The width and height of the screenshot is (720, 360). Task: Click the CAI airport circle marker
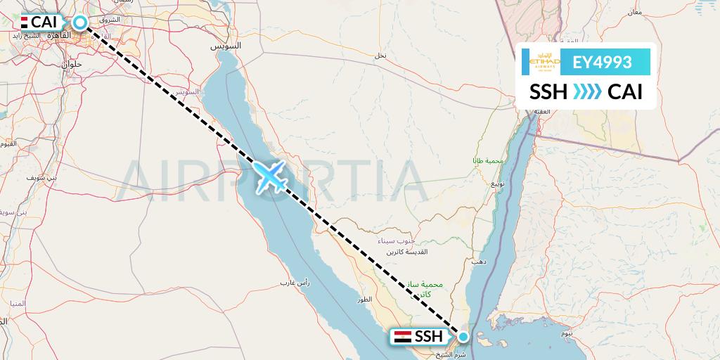79,22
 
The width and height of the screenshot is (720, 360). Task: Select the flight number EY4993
601,63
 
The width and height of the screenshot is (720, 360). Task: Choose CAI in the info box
625,92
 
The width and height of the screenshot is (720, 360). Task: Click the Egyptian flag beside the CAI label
25,22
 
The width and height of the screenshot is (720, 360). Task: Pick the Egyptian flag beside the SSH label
402,337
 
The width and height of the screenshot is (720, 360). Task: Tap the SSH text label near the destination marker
428,337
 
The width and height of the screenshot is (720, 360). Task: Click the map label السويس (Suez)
227,46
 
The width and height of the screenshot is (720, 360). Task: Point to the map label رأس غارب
295,283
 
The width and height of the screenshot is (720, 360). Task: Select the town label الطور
364,300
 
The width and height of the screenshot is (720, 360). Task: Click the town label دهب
480,261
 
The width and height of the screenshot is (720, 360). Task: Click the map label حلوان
72,64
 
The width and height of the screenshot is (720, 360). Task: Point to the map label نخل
380,55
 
